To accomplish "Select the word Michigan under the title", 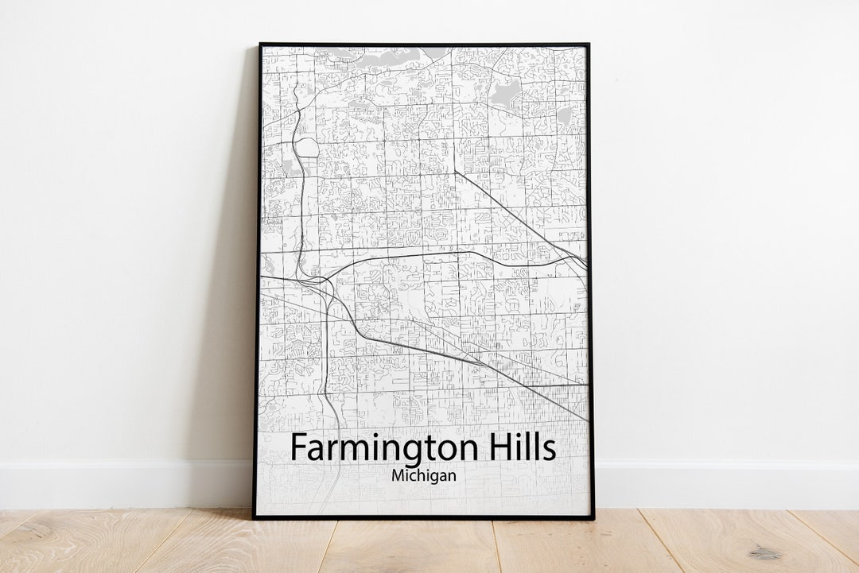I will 423,475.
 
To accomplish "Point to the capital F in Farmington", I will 298,447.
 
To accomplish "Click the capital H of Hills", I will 492,447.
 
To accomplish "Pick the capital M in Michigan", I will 398,475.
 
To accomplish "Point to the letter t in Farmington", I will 422,448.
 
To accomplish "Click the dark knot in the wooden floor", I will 764,552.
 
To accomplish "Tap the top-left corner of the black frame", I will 259,45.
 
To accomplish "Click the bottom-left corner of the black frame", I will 255,517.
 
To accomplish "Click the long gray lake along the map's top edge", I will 374,55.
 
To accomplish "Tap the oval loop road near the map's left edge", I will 306,148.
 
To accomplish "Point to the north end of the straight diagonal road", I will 456,172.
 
